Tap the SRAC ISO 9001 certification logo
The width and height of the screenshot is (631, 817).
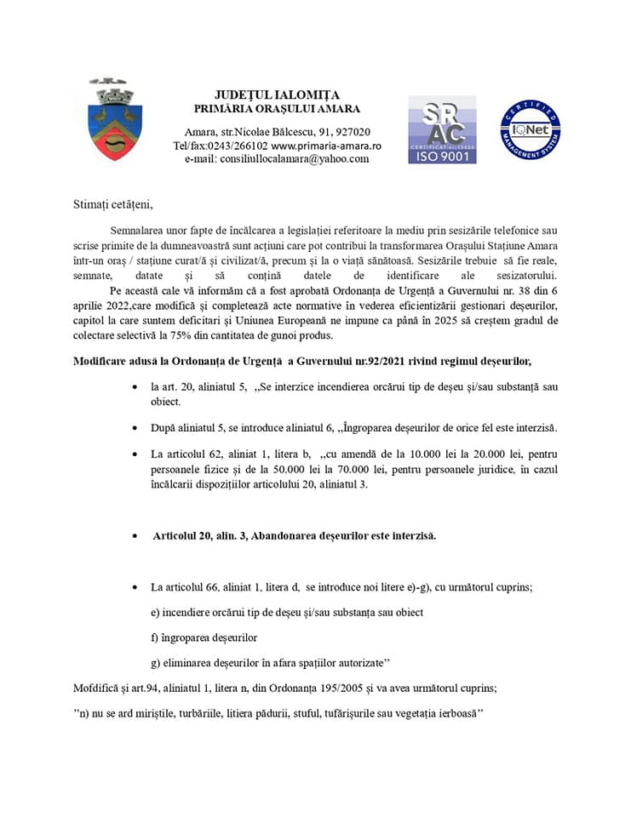click(442, 129)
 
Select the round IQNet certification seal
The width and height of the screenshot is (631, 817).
click(530, 129)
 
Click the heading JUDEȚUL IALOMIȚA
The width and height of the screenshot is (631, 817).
click(277, 94)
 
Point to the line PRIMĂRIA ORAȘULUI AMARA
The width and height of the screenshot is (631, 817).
click(277, 108)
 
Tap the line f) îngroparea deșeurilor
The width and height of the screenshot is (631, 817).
click(204, 637)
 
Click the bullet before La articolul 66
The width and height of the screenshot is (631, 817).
click(137, 588)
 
